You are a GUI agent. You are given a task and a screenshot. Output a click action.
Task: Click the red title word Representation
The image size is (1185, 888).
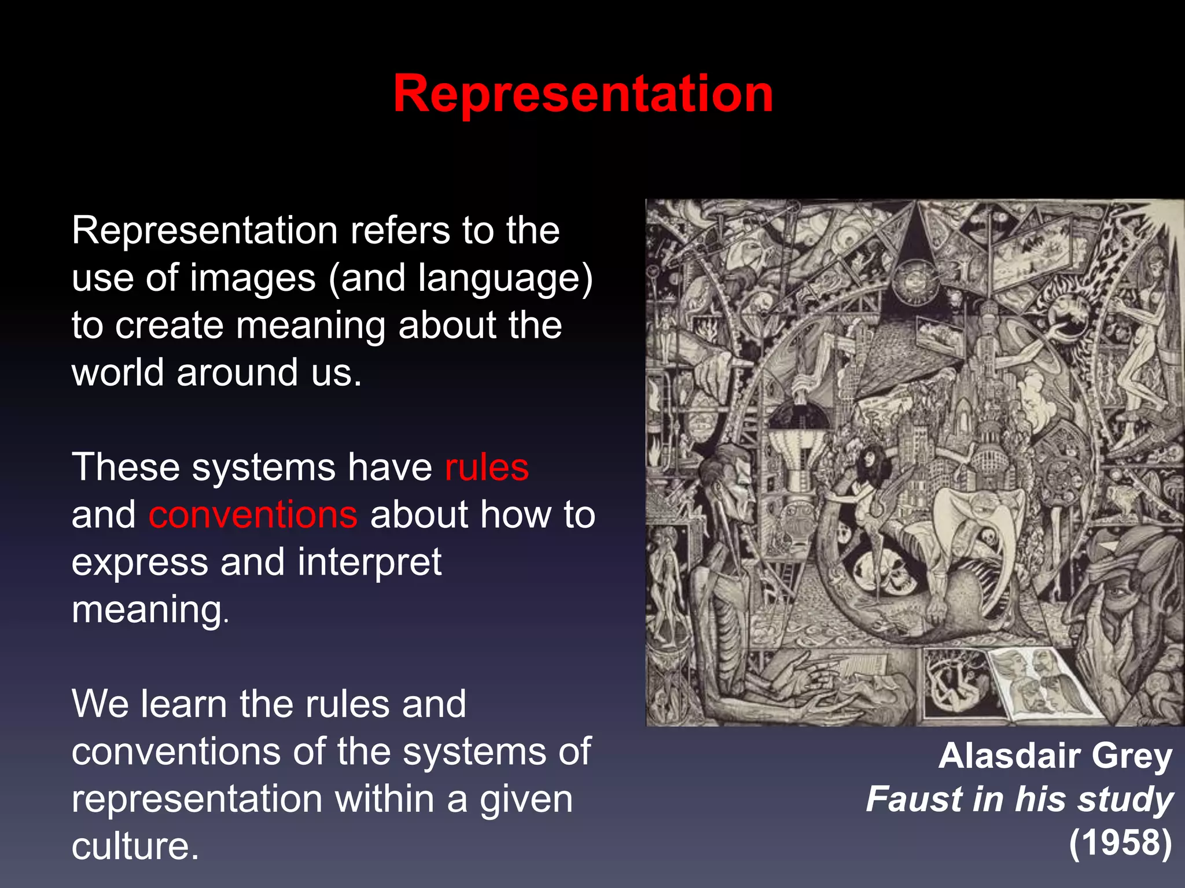tap(583, 94)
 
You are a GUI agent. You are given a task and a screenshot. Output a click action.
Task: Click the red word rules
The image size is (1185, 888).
tap(487, 467)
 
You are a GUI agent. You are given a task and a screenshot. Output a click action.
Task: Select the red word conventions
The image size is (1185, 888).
tap(253, 515)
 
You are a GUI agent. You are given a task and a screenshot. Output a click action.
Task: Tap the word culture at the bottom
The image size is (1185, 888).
tap(134, 846)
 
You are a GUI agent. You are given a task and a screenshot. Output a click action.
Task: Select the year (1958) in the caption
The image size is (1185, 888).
tap(1120, 842)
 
